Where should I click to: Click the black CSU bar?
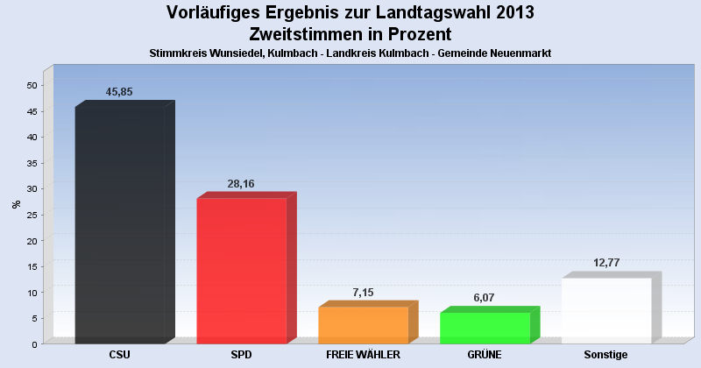coord(120,224)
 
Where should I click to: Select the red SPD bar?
coord(241,270)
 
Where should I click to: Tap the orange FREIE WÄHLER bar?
coord(363,324)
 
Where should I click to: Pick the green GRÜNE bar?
coord(485,327)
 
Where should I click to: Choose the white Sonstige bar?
coord(606,310)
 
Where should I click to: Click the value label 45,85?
coord(119,92)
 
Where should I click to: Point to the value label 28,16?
coord(241,184)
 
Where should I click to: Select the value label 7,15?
coord(363,292)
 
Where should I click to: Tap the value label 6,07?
coord(485,298)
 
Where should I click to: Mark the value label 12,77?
coord(606,263)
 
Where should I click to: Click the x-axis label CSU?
coord(120,355)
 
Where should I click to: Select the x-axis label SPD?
coord(241,355)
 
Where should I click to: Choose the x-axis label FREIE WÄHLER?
coord(363,355)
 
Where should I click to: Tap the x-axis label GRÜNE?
coord(485,355)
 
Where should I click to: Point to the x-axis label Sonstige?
coord(606,355)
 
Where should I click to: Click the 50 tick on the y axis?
coord(32,85)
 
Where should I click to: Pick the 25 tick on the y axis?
coord(32,215)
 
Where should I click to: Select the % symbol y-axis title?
coord(16,204)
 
